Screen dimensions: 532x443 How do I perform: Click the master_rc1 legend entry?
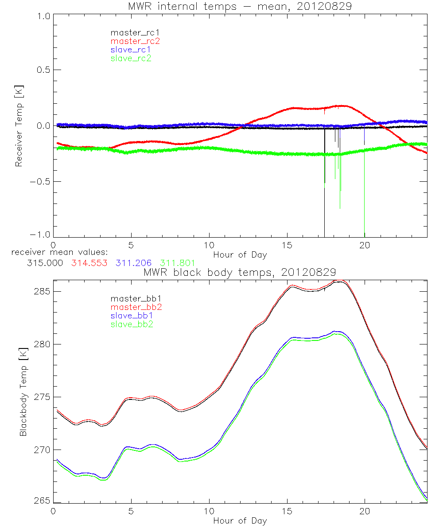pos(131,32)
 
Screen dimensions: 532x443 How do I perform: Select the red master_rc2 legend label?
pos(135,41)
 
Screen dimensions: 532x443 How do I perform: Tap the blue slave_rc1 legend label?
pos(131,50)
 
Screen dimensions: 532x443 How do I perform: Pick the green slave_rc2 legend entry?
pos(131,58)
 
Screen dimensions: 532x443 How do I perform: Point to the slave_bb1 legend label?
pos(131,317)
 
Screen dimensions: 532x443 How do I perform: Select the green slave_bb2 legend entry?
pos(131,325)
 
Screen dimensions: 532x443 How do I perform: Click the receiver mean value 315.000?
pos(44,263)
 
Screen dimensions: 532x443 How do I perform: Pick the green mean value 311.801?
pos(177,263)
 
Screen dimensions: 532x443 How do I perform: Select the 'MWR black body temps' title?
pos(240,272)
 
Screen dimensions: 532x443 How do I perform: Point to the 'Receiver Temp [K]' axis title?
pos(19,126)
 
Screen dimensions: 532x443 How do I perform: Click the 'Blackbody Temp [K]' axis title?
pos(23,392)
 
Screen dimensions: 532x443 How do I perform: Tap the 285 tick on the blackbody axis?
pos(42,291)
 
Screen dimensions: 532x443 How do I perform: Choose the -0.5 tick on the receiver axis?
pos(39,182)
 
